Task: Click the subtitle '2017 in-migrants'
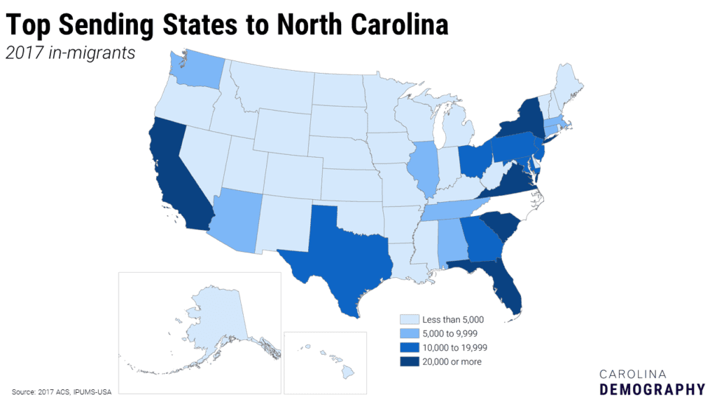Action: coord(70,53)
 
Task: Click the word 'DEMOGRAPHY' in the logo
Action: coord(652,389)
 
